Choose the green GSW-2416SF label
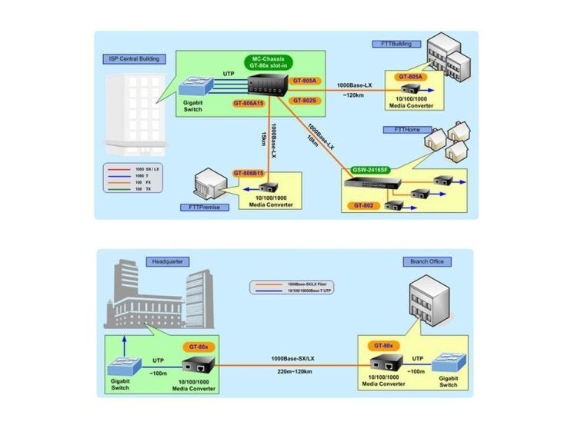point(370,169)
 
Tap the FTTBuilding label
point(392,44)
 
